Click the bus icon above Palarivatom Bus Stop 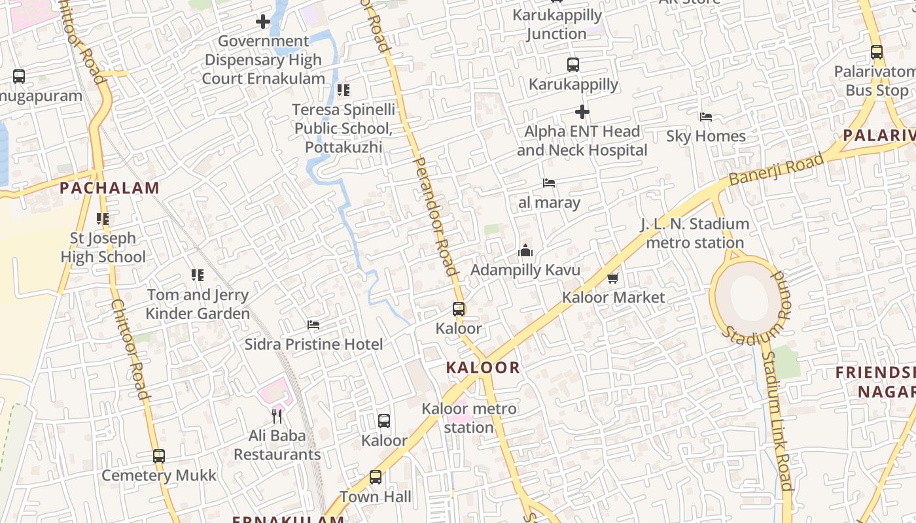coord(877,52)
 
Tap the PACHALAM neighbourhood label coord(109,188)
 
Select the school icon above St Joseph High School coord(103,219)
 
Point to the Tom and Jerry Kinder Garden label coord(198,304)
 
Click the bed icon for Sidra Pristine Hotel coord(313,325)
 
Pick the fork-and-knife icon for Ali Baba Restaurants coord(277,416)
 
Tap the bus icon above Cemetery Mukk coord(159,456)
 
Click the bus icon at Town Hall coord(376,477)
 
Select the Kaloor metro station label coord(468,418)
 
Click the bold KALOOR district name coord(483,367)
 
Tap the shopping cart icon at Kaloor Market coord(613,278)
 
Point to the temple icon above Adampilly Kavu coord(525,250)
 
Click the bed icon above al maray coord(549,183)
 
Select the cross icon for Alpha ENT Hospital coord(582,112)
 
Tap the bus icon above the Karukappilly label coord(573,65)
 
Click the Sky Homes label coord(706,136)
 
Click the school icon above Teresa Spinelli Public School coord(343,90)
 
